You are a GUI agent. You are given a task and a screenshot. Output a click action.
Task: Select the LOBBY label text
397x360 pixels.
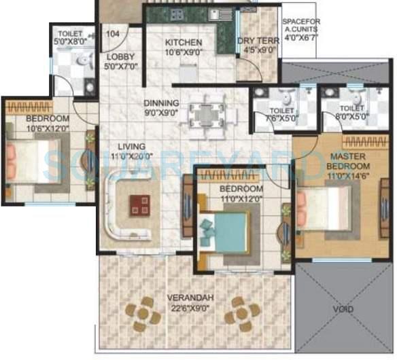click(120, 61)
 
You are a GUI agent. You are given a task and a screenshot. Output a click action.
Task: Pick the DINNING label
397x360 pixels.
click(161, 108)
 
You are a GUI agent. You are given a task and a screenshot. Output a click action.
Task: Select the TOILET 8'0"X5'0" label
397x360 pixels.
click(351, 111)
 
